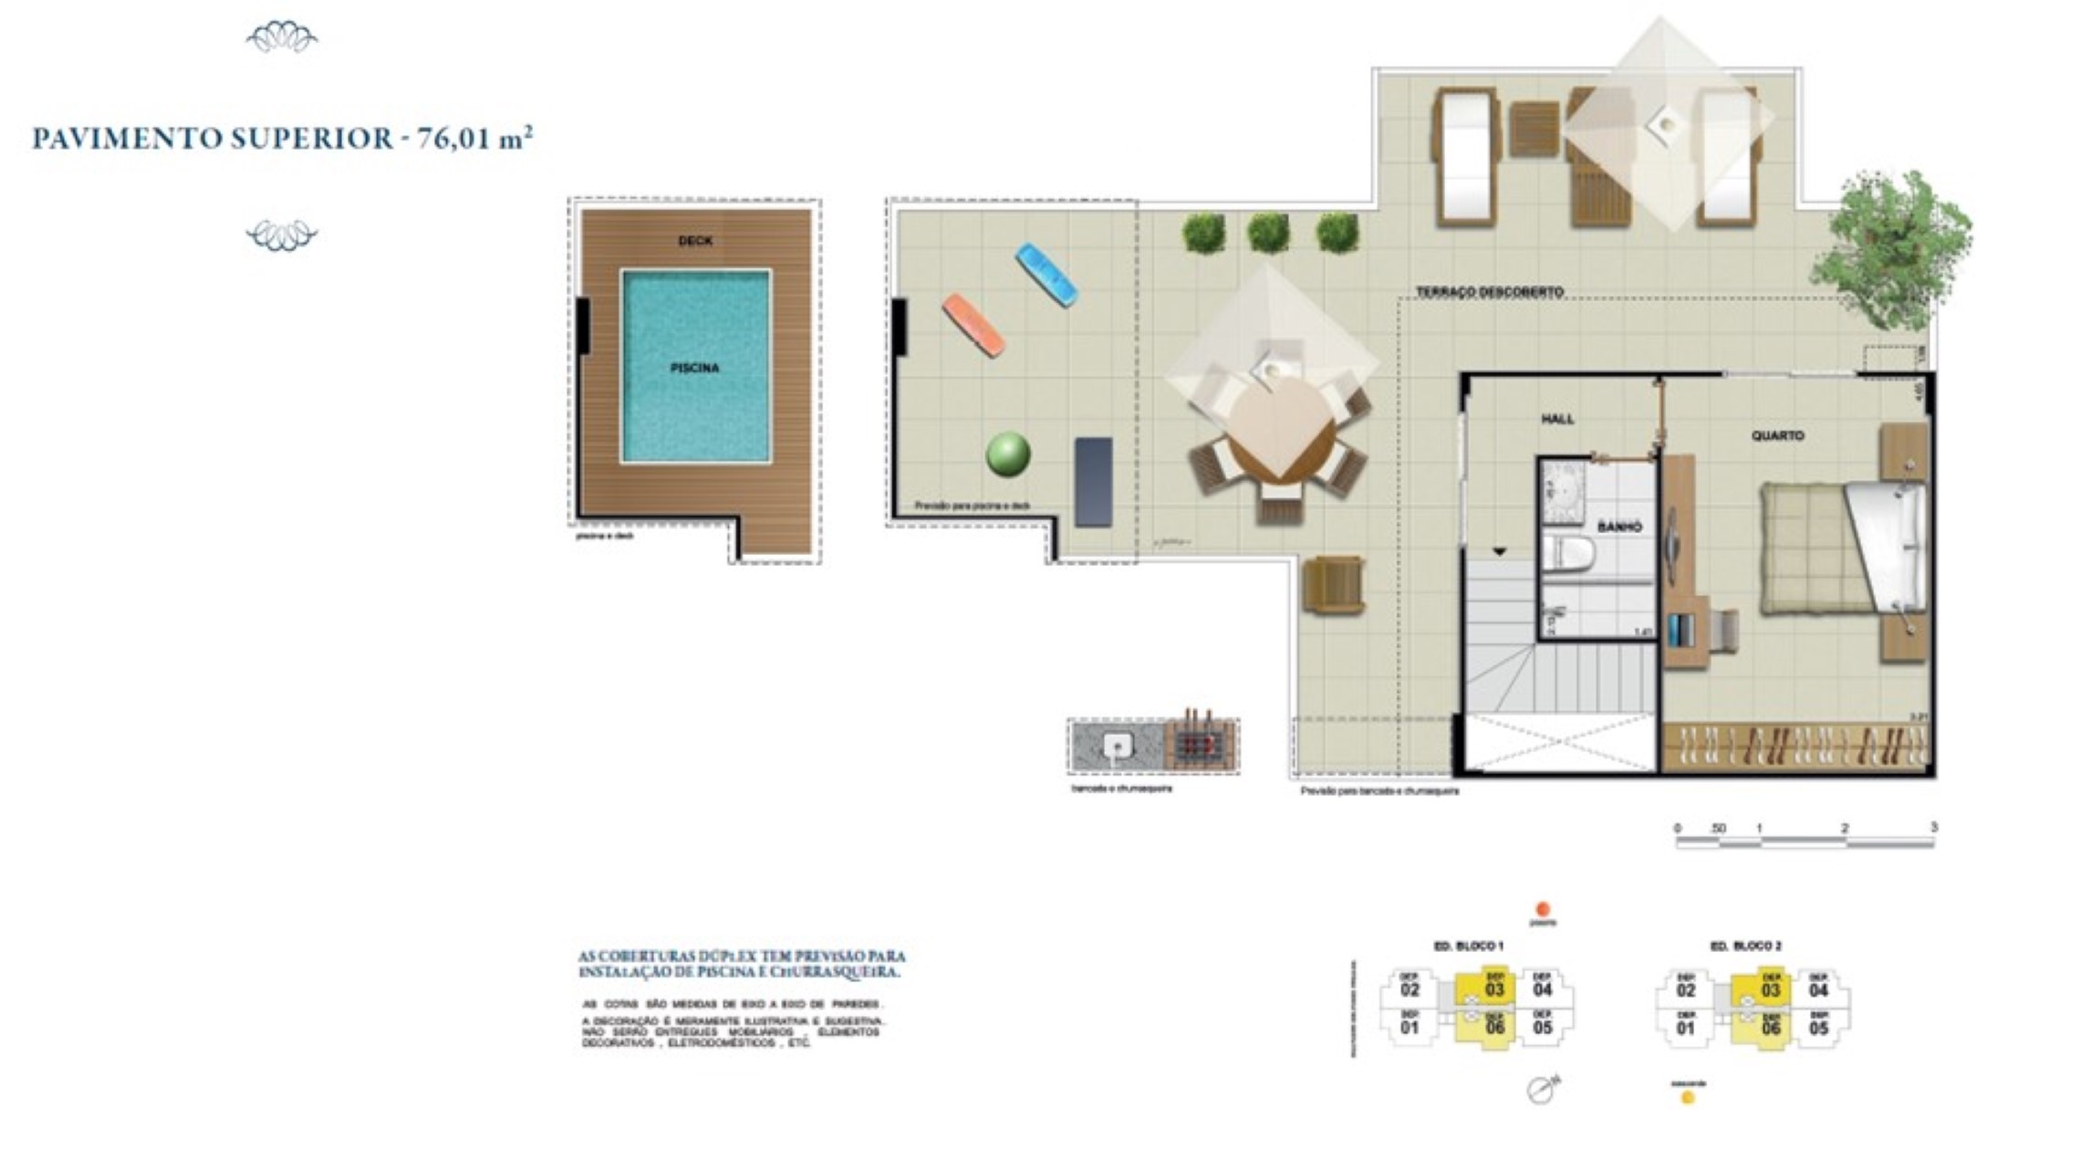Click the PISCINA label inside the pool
[x=695, y=368]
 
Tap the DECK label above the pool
[x=695, y=241]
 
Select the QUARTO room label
[x=1777, y=436]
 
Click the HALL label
[x=1557, y=419]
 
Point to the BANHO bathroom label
[x=1619, y=527]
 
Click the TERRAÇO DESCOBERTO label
[x=1489, y=292]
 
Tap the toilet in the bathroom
[x=1569, y=553]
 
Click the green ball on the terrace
[x=1008, y=454]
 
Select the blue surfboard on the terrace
[x=1046, y=274]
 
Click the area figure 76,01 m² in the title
[x=474, y=139]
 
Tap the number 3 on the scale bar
[x=1933, y=827]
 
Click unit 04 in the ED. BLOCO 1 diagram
[x=1542, y=988]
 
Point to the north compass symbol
[x=1542, y=1089]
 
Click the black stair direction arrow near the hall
[x=1499, y=552]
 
